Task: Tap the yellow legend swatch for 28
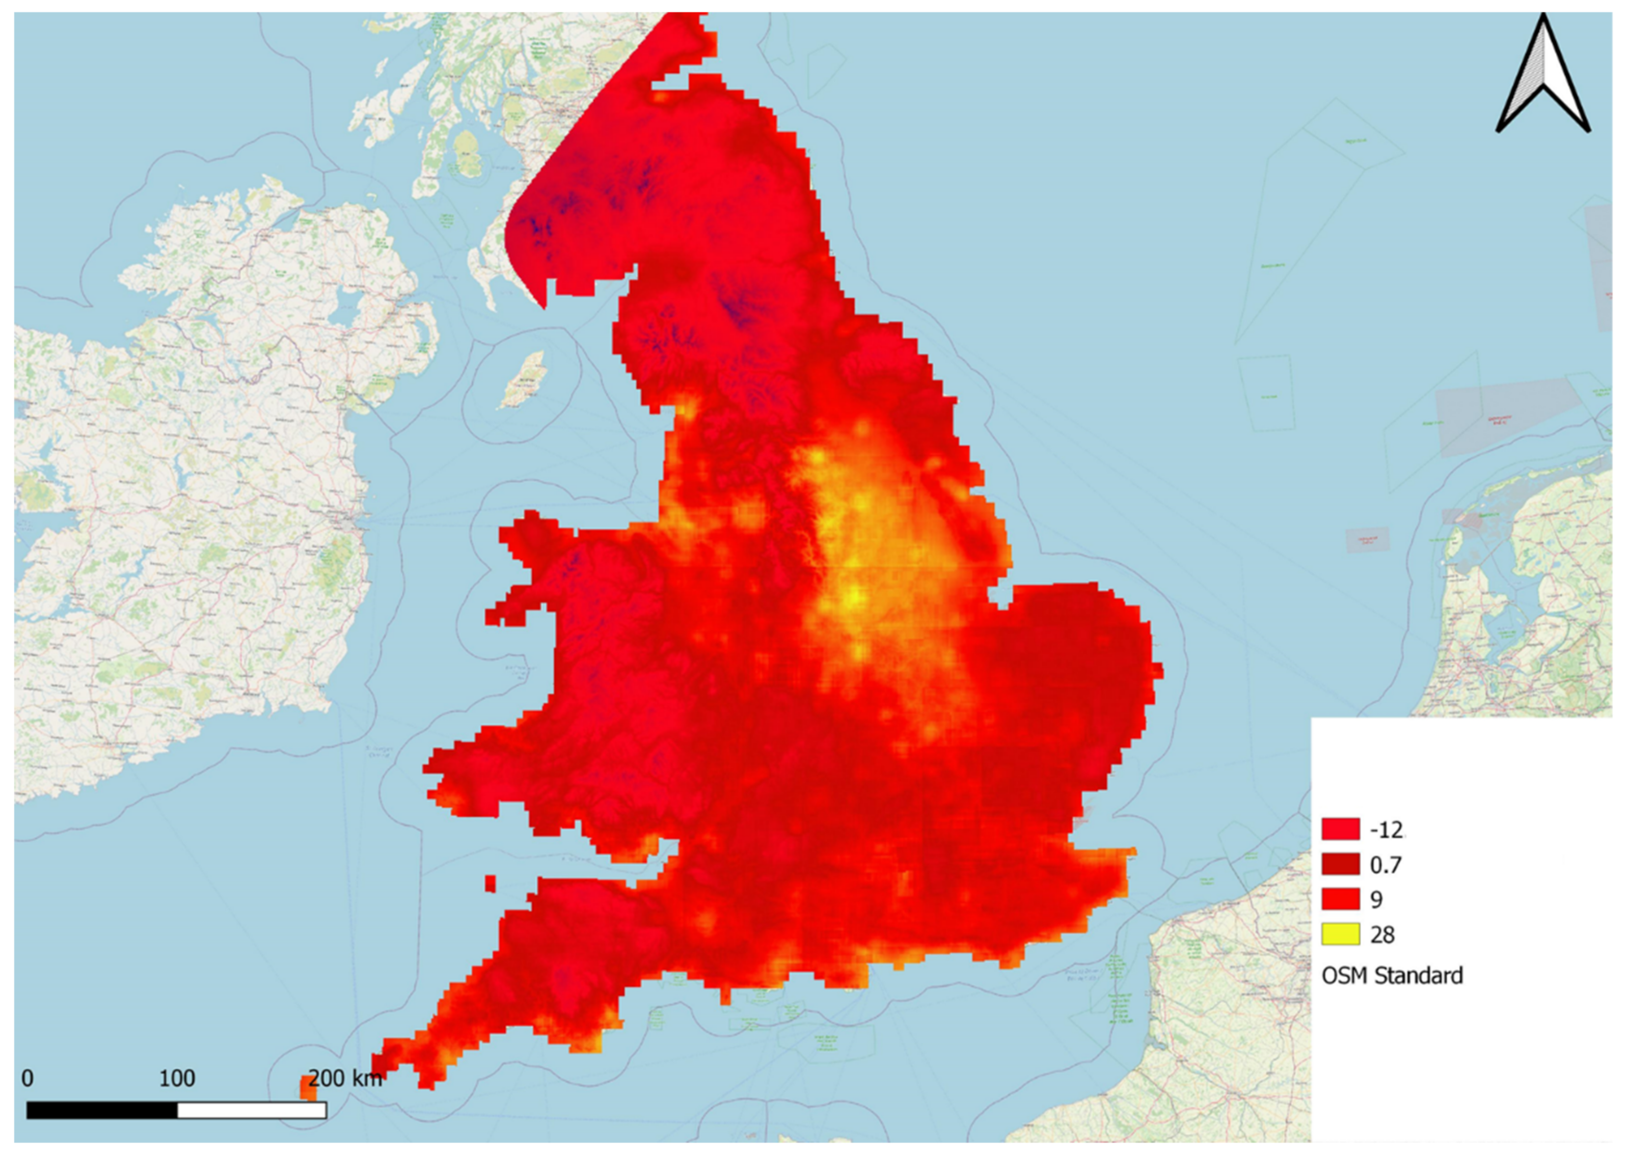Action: tap(1341, 934)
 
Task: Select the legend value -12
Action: tap(1386, 830)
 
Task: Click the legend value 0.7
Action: tap(1385, 865)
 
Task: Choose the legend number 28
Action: tap(1382, 934)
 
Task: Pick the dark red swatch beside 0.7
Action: tap(1341, 865)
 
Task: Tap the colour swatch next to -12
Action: tap(1341, 830)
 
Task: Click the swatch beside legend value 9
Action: tap(1341, 899)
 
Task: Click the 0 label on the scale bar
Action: tap(27, 1078)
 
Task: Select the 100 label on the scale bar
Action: tap(177, 1078)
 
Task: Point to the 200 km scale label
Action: tap(345, 1078)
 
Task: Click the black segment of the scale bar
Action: tap(102, 1110)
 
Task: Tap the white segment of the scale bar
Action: tap(252, 1110)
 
